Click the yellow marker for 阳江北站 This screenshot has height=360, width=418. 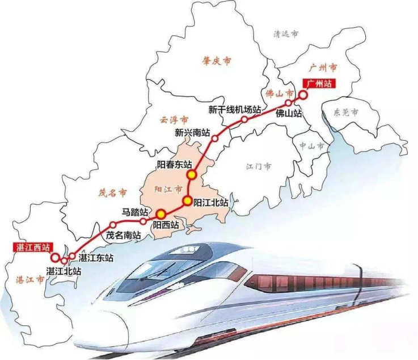point(187,200)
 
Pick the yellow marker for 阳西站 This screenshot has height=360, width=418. point(161,214)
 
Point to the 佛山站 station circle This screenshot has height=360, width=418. point(289,103)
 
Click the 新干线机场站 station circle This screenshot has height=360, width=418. point(244,120)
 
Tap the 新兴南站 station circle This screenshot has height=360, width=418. point(215,138)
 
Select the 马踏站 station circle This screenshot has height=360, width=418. point(143,221)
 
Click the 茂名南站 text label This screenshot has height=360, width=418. point(124,235)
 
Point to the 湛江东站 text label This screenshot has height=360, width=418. point(96,258)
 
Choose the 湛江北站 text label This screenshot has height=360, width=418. point(64,271)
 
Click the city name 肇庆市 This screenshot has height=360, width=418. point(217,61)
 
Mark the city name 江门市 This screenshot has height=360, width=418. point(259,167)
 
